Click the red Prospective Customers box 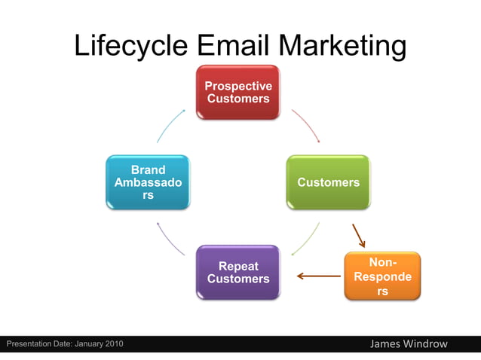(x=237, y=92)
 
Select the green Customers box (x=328, y=182)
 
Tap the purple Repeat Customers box (x=237, y=273)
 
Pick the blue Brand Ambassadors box (x=148, y=182)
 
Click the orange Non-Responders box (x=382, y=276)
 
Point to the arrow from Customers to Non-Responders (x=358, y=235)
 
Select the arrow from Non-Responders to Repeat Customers (x=319, y=276)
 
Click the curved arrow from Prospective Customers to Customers (x=306, y=124)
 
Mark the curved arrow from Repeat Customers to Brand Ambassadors (x=170, y=239)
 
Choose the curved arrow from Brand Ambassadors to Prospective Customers (x=170, y=124)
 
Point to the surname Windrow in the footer (x=427, y=344)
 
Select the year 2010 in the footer (x=112, y=344)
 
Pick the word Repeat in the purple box (x=238, y=266)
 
